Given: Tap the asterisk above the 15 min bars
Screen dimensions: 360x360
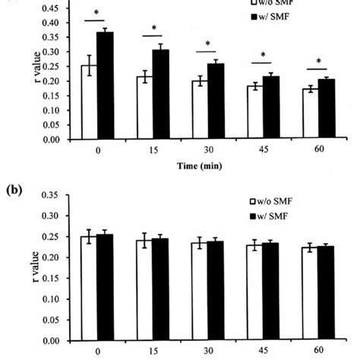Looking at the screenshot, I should click(x=154, y=29).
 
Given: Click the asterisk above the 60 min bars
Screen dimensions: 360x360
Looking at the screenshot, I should click(x=318, y=62).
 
